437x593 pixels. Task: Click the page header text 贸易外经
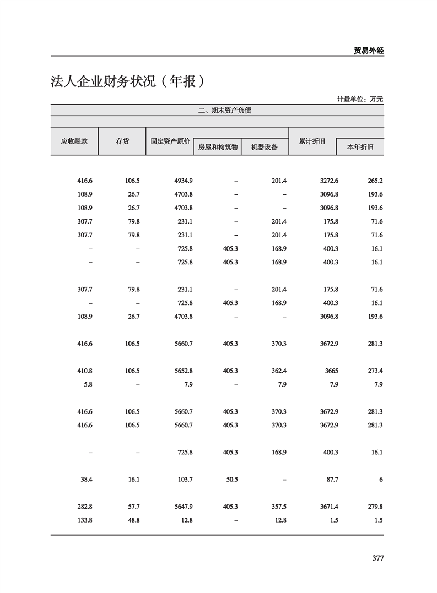[x=368, y=50]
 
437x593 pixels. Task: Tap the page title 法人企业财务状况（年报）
[x=128, y=82]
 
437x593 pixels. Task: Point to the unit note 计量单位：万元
[x=360, y=99]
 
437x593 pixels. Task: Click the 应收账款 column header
[x=74, y=142]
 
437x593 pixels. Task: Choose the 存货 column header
[x=122, y=142]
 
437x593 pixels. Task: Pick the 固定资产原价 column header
[x=170, y=142]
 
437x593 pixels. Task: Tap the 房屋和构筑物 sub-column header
[x=218, y=147]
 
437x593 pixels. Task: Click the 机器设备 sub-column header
[x=265, y=147]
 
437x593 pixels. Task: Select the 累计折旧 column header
[x=312, y=142]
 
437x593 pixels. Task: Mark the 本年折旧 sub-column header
[x=360, y=147]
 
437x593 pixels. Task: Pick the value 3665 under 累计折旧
[x=331, y=371]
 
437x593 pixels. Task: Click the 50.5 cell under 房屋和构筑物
[x=232, y=480]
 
